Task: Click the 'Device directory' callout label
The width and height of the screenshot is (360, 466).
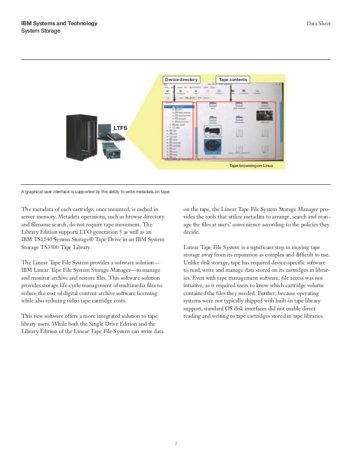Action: tap(181, 79)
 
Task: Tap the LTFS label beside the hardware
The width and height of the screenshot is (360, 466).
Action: tap(121, 128)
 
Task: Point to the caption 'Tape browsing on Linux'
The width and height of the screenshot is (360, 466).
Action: tap(251, 166)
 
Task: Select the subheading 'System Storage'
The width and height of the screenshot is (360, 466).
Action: tap(41, 31)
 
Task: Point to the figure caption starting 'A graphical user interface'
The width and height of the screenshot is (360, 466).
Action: tap(96, 191)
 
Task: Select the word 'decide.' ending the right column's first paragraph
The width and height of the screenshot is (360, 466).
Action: tap(192, 232)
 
